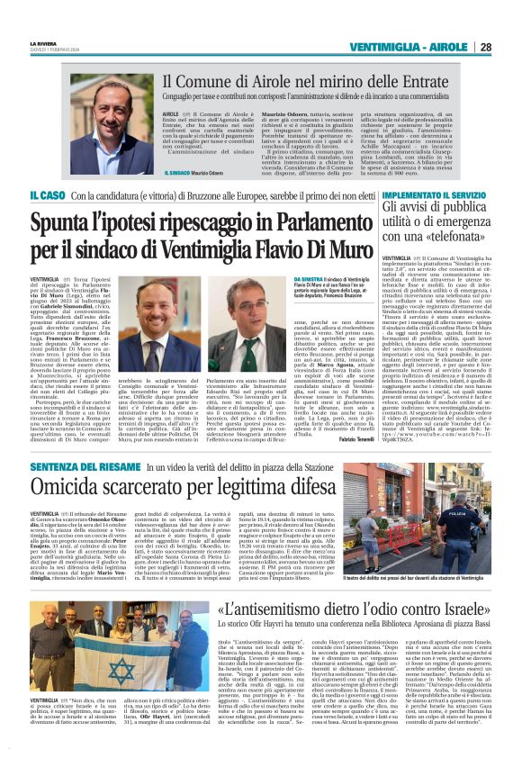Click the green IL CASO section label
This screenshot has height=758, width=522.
coord(46,194)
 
